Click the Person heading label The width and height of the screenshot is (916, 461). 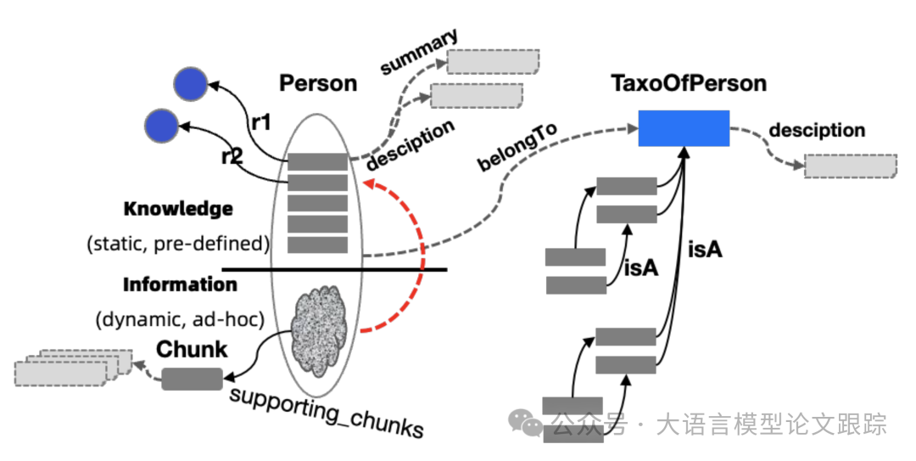point(318,83)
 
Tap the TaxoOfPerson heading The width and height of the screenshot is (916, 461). point(688,83)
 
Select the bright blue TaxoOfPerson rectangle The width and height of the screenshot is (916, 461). point(684,128)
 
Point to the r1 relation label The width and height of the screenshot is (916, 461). point(261,122)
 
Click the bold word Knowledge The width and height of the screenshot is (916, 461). point(177,209)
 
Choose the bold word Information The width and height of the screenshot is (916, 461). point(180,284)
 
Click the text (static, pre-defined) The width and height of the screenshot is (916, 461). point(177,244)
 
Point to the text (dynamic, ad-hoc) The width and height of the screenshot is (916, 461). point(180,319)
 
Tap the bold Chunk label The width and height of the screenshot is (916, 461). point(192,349)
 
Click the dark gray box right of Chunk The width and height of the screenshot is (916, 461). point(192,379)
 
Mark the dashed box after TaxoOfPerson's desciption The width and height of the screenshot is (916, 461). point(850,166)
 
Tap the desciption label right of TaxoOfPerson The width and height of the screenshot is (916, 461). point(816,131)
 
